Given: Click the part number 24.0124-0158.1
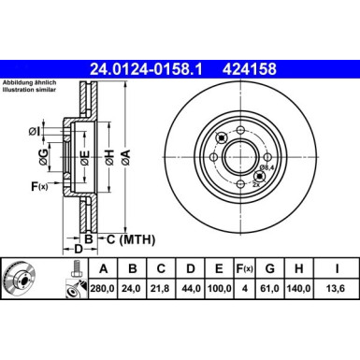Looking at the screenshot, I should click(x=149, y=67).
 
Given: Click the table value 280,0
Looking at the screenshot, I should click(x=100, y=291).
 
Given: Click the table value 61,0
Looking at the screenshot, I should click(x=271, y=291).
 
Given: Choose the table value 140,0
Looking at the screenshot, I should click(x=300, y=291).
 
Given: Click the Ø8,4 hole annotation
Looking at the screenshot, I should click(x=266, y=166).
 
